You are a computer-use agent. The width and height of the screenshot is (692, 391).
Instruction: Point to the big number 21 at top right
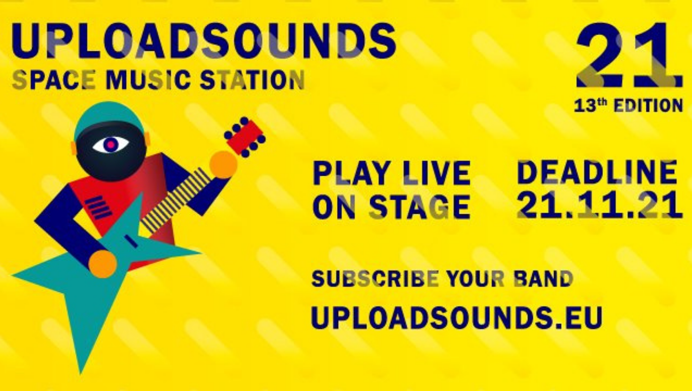[629, 56]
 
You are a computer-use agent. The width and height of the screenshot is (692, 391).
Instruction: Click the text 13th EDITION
[628, 106]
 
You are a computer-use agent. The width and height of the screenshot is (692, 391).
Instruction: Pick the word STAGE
[420, 206]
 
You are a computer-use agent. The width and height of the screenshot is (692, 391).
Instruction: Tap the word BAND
[543, 278]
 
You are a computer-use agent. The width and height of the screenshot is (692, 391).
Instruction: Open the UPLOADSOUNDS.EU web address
[457, 317]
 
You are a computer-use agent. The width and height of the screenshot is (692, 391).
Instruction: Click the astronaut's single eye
[111, 145]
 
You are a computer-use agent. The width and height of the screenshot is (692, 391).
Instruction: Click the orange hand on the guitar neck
[223, 165]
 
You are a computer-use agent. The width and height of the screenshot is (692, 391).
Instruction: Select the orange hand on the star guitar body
[103, 264]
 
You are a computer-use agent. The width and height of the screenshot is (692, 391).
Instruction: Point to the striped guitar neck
[175, 200]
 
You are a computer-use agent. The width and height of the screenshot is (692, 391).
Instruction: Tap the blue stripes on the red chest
[98, 207]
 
